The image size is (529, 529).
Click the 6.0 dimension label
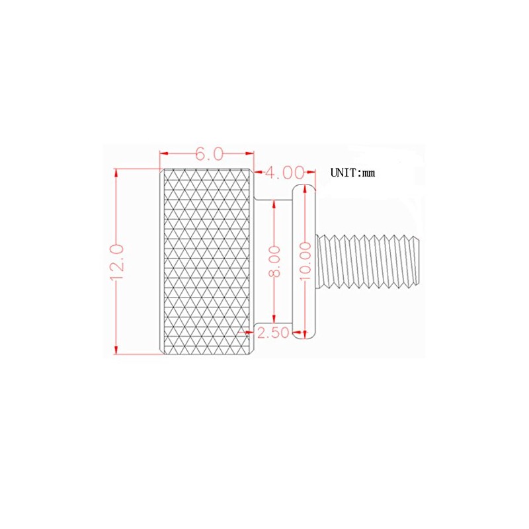click(x=206, y=154)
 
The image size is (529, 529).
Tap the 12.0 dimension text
click(x=118, y=262)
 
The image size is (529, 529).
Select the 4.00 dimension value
click(x=284, y=173)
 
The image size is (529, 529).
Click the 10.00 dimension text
click(x=304, y=261)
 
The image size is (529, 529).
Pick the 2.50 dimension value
click(x=273, y=333)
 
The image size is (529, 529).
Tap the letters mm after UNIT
click(x=369, y=173)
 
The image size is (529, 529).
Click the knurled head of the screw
click(x=205, y=261)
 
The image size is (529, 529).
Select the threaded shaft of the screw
click(x=370, y=261)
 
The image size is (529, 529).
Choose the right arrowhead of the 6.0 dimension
click(x=251, y=154)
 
